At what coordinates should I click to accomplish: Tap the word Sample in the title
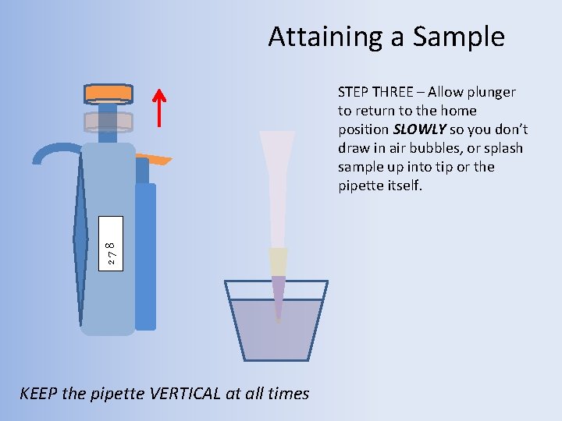coord(459,37)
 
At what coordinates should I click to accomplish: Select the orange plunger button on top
coord(108,93)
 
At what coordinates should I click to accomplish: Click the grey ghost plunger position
coord(108,121)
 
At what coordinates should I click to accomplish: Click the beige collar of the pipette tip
coord(278,261)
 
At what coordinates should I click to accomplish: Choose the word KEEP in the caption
coord(38,394)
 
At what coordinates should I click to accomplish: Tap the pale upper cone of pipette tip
coord(278,179)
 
